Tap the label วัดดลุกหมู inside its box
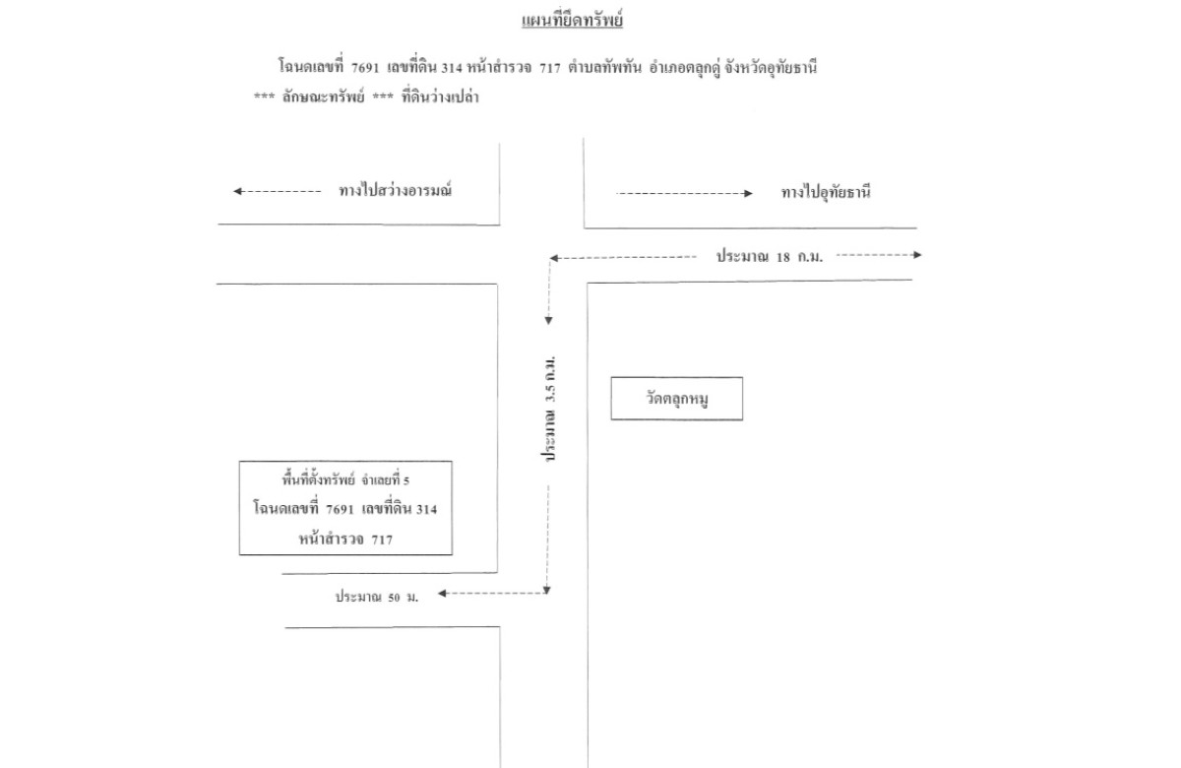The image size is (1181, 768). point(676,399)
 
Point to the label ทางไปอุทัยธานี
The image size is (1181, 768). point(826,193)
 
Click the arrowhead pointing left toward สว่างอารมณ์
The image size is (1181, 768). point(238,192)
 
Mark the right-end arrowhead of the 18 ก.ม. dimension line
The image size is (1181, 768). point(917,255)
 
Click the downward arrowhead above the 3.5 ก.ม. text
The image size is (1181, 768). point(549,320)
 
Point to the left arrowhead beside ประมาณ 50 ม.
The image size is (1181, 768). point(443,593)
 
